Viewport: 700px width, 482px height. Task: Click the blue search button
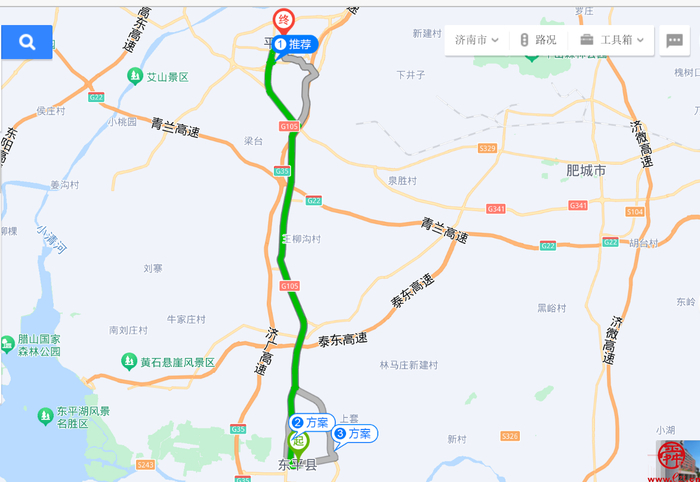click(x=27, y=41)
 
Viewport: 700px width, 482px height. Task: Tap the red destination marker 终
click(x=284, y=21)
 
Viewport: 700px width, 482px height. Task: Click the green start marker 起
click(x=298, y=441)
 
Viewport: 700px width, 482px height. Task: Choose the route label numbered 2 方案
click(x=310, y=422)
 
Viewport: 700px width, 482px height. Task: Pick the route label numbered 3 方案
click(x=354, y=434)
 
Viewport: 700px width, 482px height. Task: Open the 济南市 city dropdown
click(x=476, y=40)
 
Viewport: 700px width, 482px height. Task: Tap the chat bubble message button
click(x=674, y=41)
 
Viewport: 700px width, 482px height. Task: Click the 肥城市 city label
click(x=586, y=171)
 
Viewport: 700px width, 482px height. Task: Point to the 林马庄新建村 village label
click(x=408, y=365)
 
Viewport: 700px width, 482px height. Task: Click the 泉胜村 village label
click(x=401, y=181)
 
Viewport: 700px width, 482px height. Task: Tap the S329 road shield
click(x=488, y=148)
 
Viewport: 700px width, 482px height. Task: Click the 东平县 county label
click(x=296, y=465)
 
